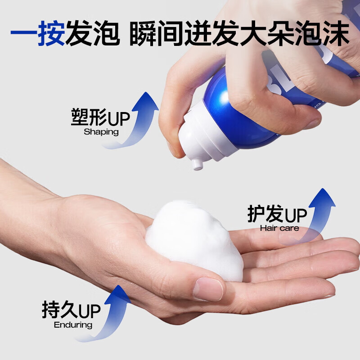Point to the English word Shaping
pyautogui.click(x=101, y=132)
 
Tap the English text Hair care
pyautogui.click(x=279, y=228)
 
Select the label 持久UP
pyautogui.click(x=71, y=310)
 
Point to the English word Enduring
pyautogui.click(x=73, y=325)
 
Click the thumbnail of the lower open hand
pyautogui.click(x=208, y=288)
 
